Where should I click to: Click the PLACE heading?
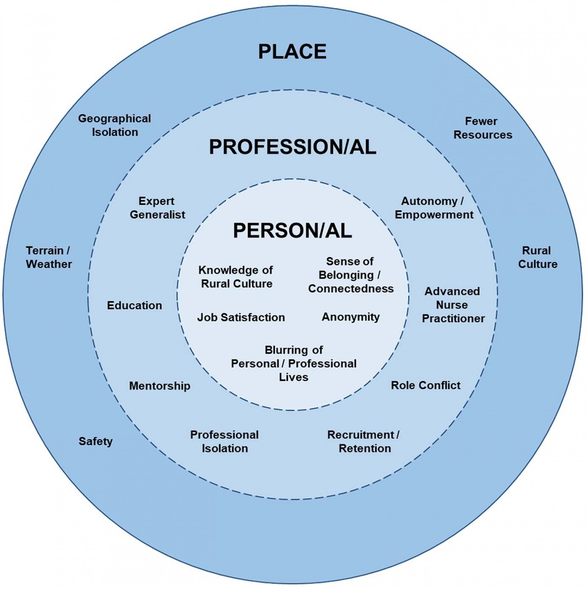click(292, 51)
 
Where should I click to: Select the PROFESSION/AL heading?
click(293, 147)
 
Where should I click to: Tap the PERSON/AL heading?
click(292, 231)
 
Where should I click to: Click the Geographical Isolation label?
click(114, 125)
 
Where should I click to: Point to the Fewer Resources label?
click(483, 128)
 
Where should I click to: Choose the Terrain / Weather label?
click(49, 257)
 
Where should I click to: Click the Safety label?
click(95, 441)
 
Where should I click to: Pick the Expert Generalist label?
click(157, 208)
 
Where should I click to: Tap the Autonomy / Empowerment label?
click(434, 208)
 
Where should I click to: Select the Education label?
click(134, 305)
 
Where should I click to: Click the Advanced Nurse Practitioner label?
click(453, 305)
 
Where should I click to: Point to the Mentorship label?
click(160, 386)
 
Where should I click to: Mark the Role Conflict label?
click(426, 385)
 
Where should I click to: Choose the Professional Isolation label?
click(225, 442)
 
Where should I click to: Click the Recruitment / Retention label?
click(364, 442)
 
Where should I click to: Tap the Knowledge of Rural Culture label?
click(236, 277)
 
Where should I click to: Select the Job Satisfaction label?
click(241, 317)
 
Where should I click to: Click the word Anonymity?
click(351, 317)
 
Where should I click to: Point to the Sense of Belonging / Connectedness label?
click(351, 275)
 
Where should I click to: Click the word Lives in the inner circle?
click(293, 377)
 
